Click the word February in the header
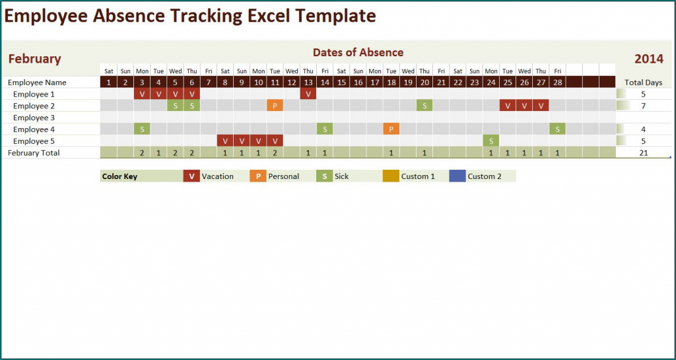coord(34,59)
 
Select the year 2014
coord(648,59)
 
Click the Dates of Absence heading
coord(358,52)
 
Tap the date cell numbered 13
coord(308,83)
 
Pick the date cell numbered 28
coord(558,83)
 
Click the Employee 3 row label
coord(30,118)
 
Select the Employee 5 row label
coord(30,141)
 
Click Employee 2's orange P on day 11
coord(275,106)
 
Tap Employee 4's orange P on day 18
coord(391,129)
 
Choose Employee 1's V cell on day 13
coord(308,94)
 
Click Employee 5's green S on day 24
coord(491,141)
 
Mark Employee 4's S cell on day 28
coord(558,129)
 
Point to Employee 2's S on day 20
coord(424,106)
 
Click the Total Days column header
coord(644,83)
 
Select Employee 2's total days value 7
coord(644,106)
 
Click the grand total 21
coord(644,153)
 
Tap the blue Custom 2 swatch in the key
coord(457,176)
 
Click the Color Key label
coord(119,176)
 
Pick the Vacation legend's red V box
coord(191,176)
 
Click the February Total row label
coord(34,153)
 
